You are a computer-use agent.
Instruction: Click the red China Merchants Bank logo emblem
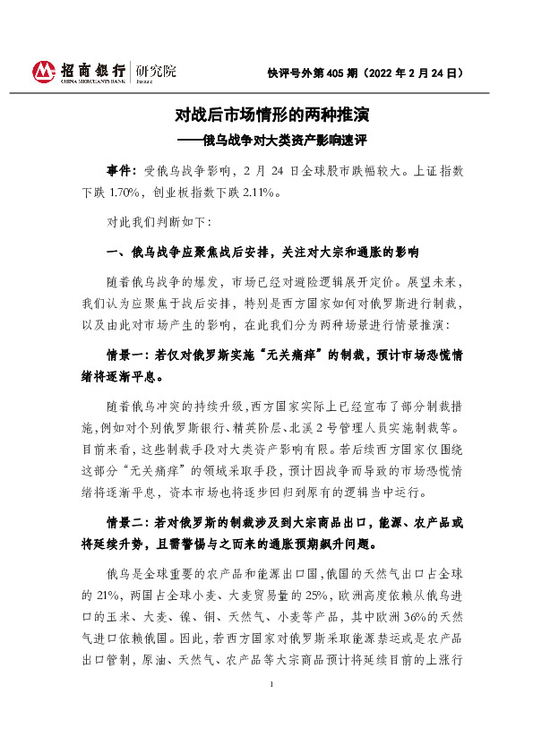44,71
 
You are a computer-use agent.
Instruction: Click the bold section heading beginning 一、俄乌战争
262,250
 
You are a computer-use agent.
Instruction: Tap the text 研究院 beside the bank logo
158,71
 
